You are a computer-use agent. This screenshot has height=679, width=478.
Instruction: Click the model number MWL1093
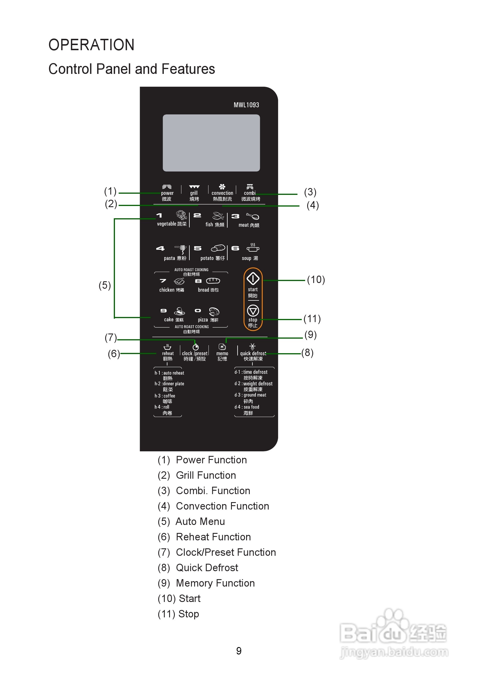pos(246,105)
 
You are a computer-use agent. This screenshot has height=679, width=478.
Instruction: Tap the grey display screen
pos(211,143)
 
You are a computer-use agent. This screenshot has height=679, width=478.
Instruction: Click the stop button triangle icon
pos(253,310)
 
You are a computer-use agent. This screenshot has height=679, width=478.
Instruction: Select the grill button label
pos(194,193)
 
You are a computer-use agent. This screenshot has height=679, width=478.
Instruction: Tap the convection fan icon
pos(222,187)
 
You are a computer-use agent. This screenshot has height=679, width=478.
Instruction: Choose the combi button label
pos(250,193)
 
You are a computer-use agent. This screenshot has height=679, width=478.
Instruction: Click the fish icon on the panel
pos(218,216)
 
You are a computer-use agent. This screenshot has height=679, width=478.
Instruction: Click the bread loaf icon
pos(213,281)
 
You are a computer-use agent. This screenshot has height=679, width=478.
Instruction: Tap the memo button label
pos(222,353)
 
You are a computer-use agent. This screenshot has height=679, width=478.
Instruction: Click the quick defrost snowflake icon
pos(252,347)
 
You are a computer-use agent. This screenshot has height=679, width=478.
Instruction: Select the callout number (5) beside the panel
pos(105,285)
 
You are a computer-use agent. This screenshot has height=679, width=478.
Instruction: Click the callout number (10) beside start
pos(316,280)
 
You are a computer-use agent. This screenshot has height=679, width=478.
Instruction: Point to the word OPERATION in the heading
pos(91,45)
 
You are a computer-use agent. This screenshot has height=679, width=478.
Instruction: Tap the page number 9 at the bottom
pos(238,651)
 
